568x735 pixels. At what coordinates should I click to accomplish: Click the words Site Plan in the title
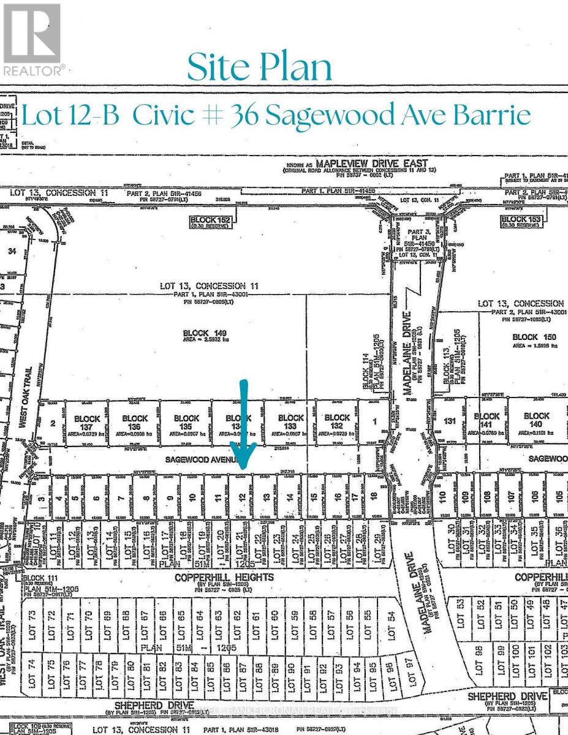260,68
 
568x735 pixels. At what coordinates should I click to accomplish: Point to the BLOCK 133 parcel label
291,422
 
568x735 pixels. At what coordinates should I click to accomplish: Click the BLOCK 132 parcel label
338,421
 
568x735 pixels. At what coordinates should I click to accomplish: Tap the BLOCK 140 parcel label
536,420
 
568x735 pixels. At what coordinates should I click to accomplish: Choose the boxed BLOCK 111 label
40,578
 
